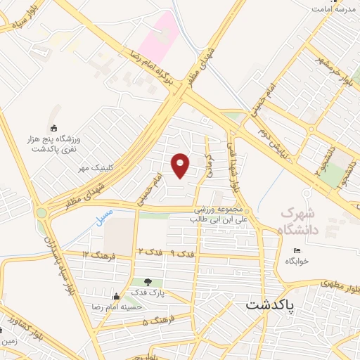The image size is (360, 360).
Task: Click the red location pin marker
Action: pos(181,165)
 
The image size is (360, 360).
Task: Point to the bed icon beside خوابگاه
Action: pos(297,250)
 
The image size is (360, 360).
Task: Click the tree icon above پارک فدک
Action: pos(148,282)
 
